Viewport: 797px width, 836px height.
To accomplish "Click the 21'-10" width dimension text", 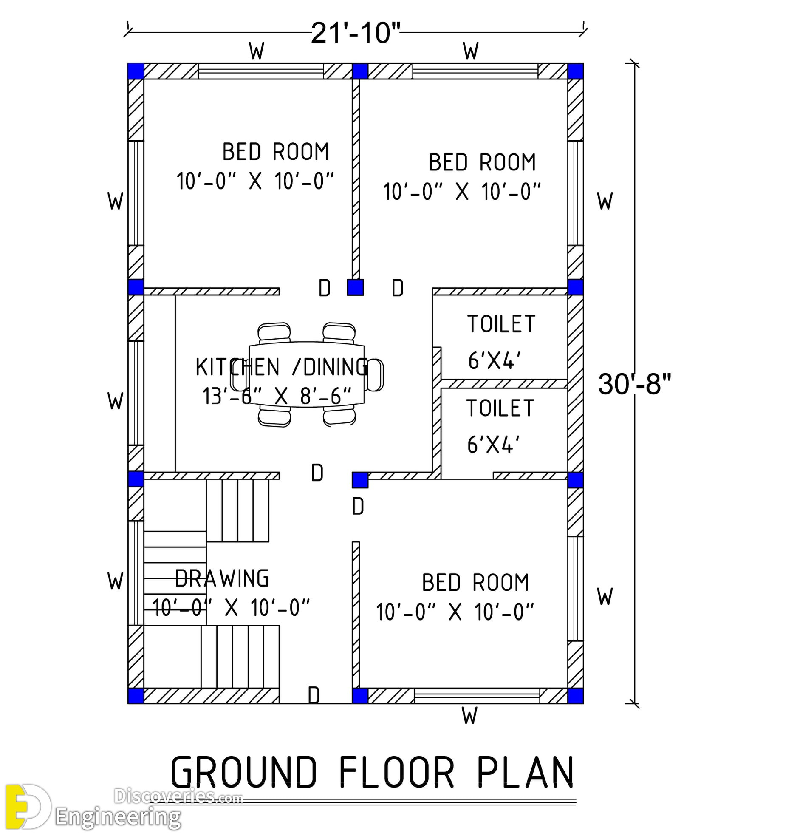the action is [x=356, y=33].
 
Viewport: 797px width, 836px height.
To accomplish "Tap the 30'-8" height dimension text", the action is [x=634, y=384].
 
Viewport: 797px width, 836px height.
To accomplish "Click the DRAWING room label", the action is [x=222, y=578].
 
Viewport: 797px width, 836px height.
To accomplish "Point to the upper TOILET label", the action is [x=501, y=324].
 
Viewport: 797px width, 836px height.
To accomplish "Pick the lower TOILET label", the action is [x=500, y=408].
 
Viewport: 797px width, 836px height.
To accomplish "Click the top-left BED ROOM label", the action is [x=276, y=152].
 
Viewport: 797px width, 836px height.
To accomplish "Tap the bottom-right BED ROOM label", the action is [x=475, y=583].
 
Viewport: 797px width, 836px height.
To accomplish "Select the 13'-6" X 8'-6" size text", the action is [x=277, y=397].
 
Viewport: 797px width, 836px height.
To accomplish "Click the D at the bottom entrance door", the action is [x=314, y=696].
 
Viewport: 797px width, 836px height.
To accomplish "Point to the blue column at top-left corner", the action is [x=136, y=71].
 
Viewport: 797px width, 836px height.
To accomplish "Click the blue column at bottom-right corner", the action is [x=576, y=696].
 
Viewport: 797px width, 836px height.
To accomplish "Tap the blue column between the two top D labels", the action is [x=355, y=287].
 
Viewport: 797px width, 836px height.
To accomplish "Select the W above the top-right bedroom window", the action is [x=471, y=51].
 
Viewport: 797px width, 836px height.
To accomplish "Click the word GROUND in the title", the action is [x=244, y=771].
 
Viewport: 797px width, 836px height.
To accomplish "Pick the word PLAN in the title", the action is [x=526, y=771].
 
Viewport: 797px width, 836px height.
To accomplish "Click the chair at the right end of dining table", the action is [x=374, y=375].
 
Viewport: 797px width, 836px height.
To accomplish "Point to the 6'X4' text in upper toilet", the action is [x=494, y=361].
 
